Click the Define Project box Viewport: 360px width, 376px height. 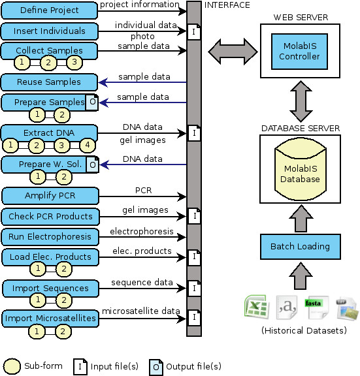[x=49, y=10]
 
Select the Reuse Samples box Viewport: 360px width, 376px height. [x=49, y=82]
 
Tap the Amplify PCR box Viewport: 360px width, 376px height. [x=50, y=196]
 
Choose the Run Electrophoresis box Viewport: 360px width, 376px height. [x=50, y=237]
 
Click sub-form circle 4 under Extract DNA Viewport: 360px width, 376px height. [x=88, y=145]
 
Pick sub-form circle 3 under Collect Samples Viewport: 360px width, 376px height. [x=74, y=62]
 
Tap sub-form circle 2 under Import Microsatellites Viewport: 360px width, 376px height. [x=63, y=332]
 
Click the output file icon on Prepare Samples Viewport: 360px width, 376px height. [x=92, y=102]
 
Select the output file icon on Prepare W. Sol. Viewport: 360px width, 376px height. [x=92, y=164]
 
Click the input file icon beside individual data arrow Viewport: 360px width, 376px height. [x=193, y=31]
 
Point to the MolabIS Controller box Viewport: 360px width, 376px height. [x=299, y=52]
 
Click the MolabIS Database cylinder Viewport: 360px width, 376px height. [x=301, y=170]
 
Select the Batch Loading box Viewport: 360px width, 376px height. [x=301, y=247]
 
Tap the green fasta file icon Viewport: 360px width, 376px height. [x=317, y=307]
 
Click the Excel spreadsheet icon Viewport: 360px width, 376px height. [x=257, y=307]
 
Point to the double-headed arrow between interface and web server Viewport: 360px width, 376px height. [x=233, y=52]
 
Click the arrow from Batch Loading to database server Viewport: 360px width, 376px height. [x=301, y=219]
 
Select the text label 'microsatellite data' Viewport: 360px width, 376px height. [x=141, y=311]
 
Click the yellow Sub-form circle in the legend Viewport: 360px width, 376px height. [x=12, y=367]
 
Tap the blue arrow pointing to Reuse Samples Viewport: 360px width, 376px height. [x=142, y=82]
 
